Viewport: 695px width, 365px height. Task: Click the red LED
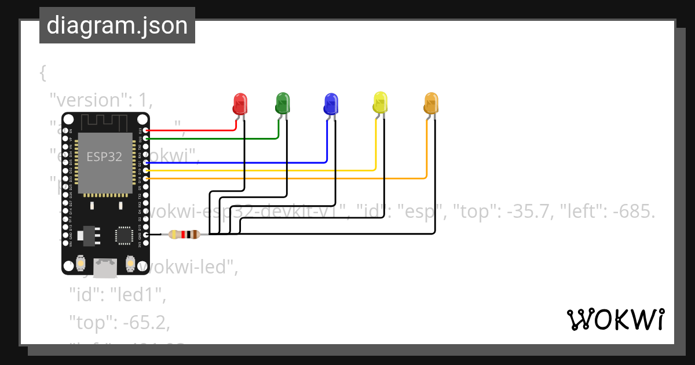[240, 104]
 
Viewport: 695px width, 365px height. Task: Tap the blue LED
[330, 103]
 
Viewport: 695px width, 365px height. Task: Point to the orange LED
[431, 103]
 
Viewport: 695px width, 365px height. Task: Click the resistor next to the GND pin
[184, 235]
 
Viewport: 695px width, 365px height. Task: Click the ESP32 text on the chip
[104, 156]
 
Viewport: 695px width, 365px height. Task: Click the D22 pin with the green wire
[145, 138]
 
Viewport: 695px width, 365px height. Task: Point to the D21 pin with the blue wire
[145, 163]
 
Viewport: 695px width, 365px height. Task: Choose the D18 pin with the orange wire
[145, 179]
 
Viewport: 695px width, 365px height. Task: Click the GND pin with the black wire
[145, 234]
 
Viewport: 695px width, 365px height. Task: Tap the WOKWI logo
[615, 320]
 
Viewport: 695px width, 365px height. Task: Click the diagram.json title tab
[117, 25]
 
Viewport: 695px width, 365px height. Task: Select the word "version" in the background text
[85, 100]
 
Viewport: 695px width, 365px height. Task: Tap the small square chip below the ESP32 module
[124, 235]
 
